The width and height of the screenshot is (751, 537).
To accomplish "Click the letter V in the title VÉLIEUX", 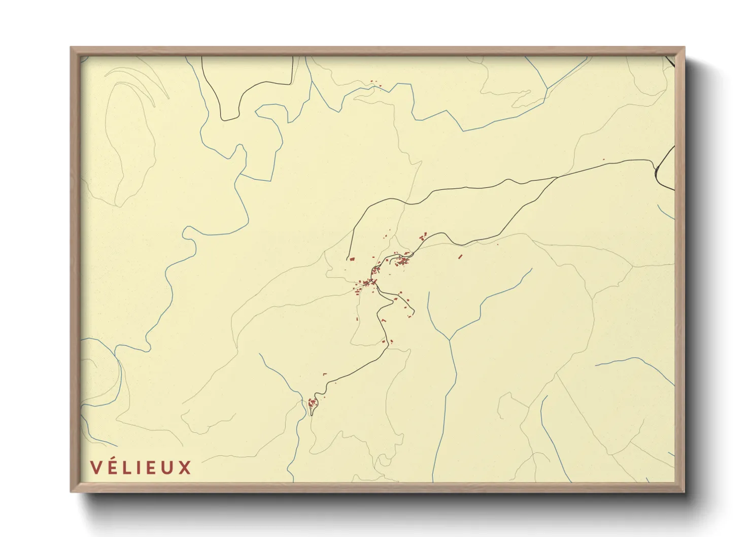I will coord(96,467).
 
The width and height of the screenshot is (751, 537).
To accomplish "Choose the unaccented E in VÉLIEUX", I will coord(153,467).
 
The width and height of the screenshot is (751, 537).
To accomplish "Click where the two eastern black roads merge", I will coord(557,177).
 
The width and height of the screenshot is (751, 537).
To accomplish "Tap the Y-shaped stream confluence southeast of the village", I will coord(450,339).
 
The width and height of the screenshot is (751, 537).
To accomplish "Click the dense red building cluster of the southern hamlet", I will coord(312,404).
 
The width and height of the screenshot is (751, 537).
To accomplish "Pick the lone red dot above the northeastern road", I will coord(603,160).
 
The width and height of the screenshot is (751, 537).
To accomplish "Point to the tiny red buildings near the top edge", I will coord(374,83).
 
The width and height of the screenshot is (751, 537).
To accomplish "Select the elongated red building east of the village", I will coord(460,256).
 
